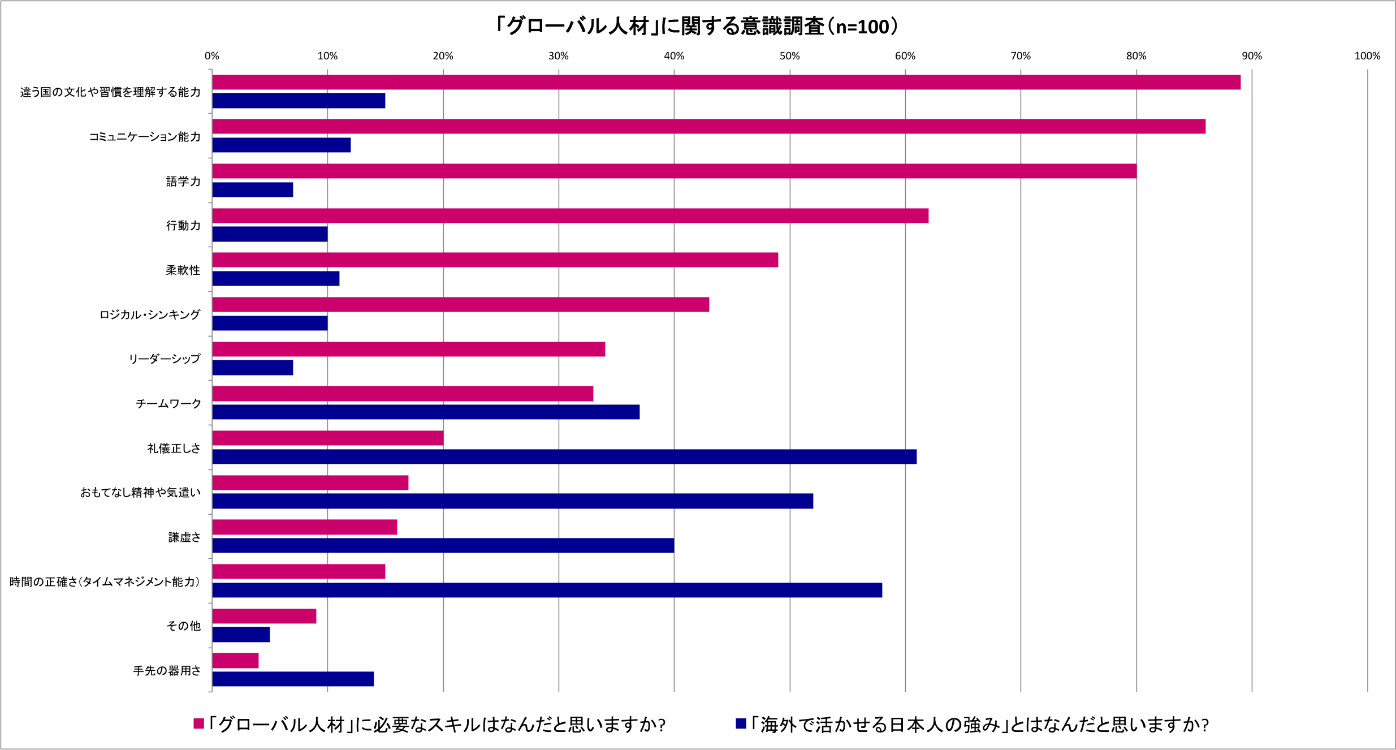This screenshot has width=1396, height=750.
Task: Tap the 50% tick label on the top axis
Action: [x=789, y=56]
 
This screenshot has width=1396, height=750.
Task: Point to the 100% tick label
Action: [x=1367, y=56]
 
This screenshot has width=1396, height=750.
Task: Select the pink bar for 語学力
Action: [x=674, y=171]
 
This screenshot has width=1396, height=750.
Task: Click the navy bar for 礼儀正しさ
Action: [x=564, y=456]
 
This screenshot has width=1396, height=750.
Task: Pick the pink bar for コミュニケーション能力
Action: [x=708, y=126]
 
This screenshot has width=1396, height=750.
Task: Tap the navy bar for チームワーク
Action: [x=426, y=412]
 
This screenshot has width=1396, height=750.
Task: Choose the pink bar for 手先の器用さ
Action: [x=235, y=661]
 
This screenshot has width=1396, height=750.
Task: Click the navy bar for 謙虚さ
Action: [x=443, y=545]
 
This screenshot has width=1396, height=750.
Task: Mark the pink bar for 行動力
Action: [x=570, y=215]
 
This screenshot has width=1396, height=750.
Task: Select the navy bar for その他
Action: [x=241, y=635]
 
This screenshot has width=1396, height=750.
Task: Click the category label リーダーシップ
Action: [x=165, y=359]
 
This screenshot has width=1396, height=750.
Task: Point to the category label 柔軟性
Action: [x=183, y=270]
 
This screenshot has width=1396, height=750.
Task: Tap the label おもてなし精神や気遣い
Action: [x=140, y=493]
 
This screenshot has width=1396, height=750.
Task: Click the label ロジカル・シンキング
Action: [x=150, y=314]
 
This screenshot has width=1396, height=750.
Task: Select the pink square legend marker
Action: [x=198, y=723]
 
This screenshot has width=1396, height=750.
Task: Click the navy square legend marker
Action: [x=741, y=723]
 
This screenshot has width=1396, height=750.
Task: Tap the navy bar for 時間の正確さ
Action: [x=547, y=590]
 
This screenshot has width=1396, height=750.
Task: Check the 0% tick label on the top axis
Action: [x=212, y=56]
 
